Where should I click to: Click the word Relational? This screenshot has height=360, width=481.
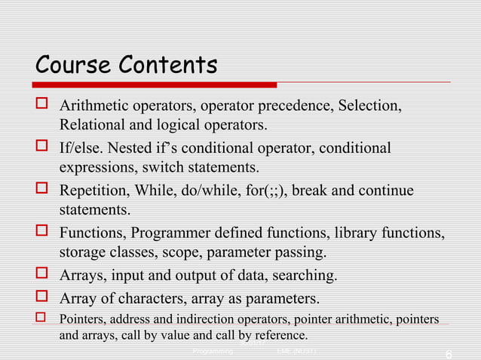[x=91, y=124]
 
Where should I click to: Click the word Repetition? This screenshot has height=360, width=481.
[x=94, y=190]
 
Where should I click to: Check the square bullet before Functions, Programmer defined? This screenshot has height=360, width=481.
[x=42, y=232]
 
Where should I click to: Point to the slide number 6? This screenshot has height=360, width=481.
[x=449, y=353]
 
